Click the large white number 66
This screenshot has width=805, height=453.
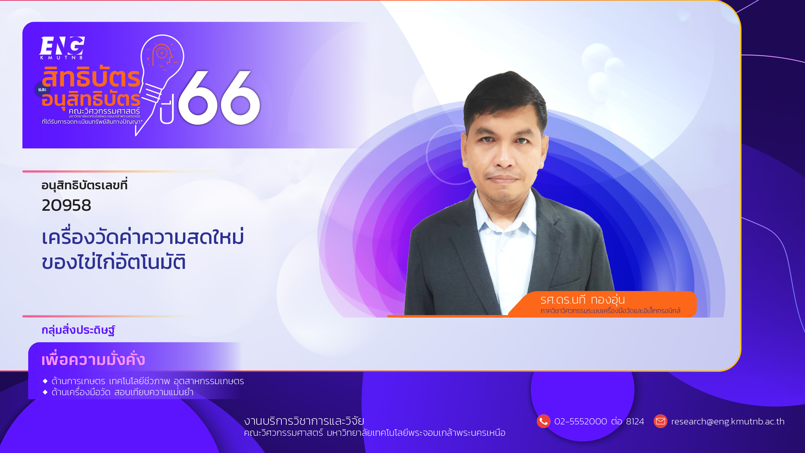219,97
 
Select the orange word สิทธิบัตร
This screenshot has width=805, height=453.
91,77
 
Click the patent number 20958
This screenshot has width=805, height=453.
67,205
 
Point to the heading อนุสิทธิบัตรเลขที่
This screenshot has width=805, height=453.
84,185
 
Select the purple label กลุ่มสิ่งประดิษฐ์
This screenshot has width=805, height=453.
78,330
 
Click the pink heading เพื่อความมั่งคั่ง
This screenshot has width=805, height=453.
93,359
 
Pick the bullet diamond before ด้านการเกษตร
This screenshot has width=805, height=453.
45,381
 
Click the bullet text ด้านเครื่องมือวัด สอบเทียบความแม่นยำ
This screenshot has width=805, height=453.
122,392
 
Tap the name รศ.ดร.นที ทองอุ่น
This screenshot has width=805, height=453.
582,300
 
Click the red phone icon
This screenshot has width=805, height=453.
543,422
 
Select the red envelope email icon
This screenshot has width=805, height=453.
660,422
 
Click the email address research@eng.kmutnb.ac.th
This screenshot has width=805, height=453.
728,422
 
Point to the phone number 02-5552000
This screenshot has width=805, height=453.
581,422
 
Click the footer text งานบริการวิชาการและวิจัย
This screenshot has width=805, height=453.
304,421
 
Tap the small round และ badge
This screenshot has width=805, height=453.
42,90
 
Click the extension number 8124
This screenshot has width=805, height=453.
635,422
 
